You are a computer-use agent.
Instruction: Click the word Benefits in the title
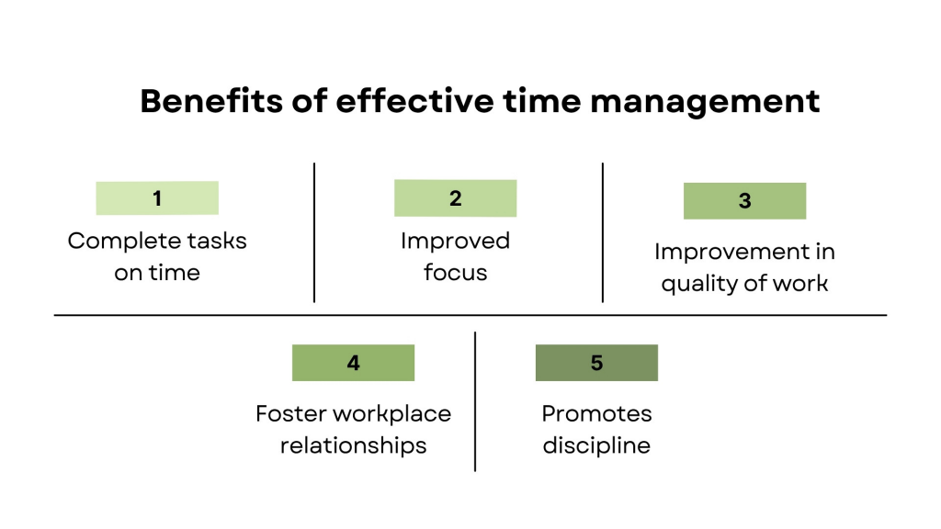pos(211,101)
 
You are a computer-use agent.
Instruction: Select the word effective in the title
pos(414,101)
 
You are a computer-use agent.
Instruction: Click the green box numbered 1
pos(157,198)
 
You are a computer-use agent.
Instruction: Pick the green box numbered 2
pos(456,198)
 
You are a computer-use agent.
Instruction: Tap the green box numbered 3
pos(744,201)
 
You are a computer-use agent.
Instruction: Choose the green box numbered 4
pos(354,363)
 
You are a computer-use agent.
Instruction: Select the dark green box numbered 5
pos(596,363)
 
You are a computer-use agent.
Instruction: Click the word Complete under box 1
pos(124,242)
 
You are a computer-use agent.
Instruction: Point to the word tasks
pos(217,242)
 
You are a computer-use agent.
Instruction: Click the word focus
pos(456,272)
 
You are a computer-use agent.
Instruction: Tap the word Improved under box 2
pos(456,242)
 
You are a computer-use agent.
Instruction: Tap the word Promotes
pos(596,414)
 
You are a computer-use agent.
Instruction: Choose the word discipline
pos(596,445)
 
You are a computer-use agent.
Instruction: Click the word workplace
pos(391,415)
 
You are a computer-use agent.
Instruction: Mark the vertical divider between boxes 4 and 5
pos(475,401)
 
